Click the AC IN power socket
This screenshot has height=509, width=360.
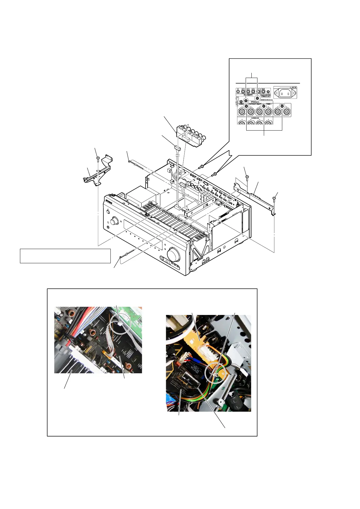point(285,93)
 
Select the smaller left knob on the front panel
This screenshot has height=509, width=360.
point(114,221)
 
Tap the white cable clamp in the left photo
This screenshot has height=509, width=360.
point(120,324)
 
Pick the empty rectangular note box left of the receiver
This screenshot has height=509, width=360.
point(65,256)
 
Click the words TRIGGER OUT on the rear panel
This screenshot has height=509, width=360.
point(266,96)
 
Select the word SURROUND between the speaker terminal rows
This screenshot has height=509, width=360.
point(255,118)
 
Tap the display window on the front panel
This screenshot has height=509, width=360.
point(142,232)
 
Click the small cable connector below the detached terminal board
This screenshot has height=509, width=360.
point(177,148)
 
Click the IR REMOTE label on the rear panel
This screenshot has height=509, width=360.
point(249,95)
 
